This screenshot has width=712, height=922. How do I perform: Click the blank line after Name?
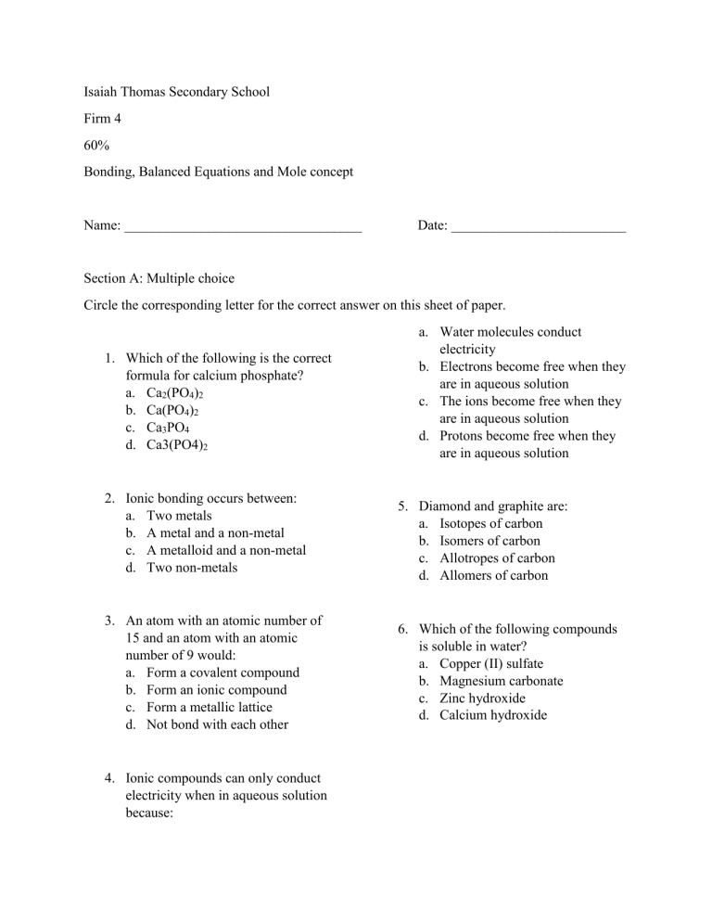(x=243, y=226)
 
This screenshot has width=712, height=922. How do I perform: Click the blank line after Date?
(x=538, y=226)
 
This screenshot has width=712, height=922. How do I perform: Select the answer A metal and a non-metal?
(x=215, y=532)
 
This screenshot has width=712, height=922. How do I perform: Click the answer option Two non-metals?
(x=192, y=567)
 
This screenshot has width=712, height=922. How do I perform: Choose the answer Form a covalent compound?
(x=222, y=672)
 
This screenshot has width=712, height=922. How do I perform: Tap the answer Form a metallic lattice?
(x=210, y=707)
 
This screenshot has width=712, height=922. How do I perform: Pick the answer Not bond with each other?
(x=217, y=724)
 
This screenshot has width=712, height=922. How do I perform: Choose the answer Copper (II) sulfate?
(x=491, y=663)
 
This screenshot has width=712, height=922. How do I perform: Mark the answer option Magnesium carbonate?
(x=501, y=681)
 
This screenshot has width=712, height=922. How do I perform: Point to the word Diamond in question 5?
(x=444, y=506)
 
